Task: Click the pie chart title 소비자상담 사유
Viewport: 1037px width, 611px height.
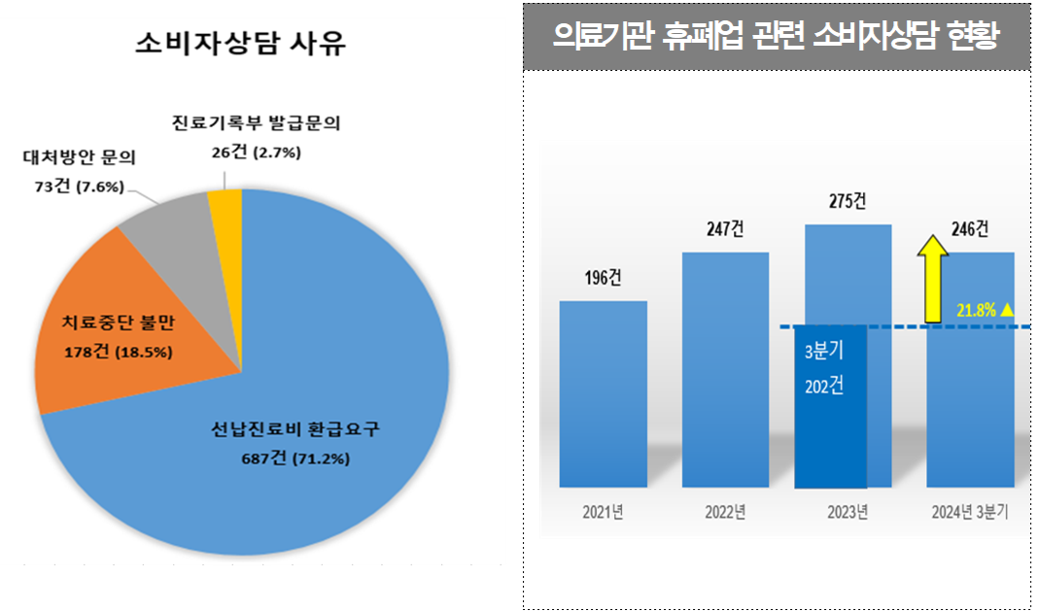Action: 240,43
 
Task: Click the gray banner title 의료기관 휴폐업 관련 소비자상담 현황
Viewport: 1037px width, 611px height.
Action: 775,37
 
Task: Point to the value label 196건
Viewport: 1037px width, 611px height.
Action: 603,278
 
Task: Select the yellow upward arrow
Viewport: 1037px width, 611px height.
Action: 933,278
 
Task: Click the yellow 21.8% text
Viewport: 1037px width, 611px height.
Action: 976,310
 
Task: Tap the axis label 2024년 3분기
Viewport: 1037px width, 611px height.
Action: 970,512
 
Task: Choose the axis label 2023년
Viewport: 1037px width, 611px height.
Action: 847,512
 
